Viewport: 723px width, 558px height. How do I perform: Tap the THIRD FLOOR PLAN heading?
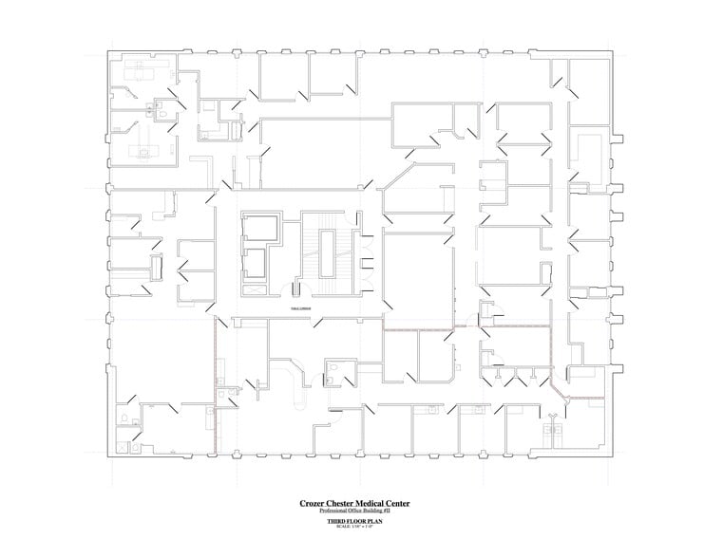(361, 521)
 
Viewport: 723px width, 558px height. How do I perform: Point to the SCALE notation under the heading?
(361, 527)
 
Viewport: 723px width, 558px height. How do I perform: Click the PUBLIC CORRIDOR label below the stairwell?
(302, 308)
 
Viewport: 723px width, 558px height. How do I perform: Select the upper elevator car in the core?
(260, 229)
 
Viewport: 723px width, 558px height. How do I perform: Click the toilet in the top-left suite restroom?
(163, 115)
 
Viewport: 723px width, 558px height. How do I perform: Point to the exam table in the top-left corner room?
(142, 72)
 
